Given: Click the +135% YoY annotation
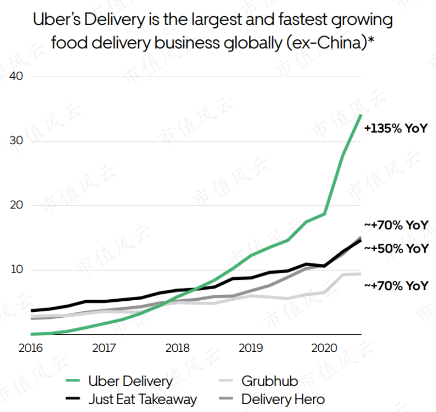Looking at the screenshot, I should [396, 129].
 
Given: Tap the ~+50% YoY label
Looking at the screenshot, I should [396, 248].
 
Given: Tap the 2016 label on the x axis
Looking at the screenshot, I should [30, 348].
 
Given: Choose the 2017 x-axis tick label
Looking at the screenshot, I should [103, 348].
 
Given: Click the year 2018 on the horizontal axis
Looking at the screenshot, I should [177, 348].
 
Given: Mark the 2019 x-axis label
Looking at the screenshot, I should [251, 348].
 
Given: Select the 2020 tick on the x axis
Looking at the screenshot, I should [324, 348].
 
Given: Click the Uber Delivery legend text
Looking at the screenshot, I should [130, 381].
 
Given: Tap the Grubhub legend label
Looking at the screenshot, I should [270, 381].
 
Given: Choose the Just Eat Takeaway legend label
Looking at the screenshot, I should [143, 399].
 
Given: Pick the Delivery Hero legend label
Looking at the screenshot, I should [283, 399].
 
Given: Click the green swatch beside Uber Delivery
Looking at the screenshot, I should [73, 381].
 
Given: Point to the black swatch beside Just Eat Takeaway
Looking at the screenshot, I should [73, 399].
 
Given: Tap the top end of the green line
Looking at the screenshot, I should [360, 115].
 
